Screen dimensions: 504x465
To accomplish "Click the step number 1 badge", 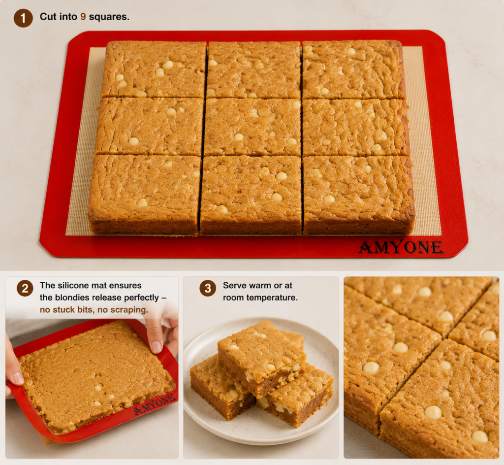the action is pos(23,18).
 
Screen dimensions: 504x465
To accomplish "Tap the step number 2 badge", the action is pos(25,288).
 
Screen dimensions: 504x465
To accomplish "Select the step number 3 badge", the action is pos(208,288).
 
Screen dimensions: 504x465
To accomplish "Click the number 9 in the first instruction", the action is pos(83,17).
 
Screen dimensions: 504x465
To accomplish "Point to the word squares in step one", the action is pos(109,17).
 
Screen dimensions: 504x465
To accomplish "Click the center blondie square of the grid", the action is pos(252,127).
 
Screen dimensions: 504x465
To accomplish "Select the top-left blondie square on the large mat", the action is pos(154,69).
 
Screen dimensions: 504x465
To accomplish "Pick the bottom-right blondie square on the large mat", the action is pos(359,195).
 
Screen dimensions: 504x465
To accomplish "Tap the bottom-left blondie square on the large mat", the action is pos(144,195).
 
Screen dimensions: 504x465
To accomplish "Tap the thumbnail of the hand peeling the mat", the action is pos(92,367).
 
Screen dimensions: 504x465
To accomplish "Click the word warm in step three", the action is pos(260,286).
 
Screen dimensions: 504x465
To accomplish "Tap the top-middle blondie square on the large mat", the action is pos(254,69).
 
